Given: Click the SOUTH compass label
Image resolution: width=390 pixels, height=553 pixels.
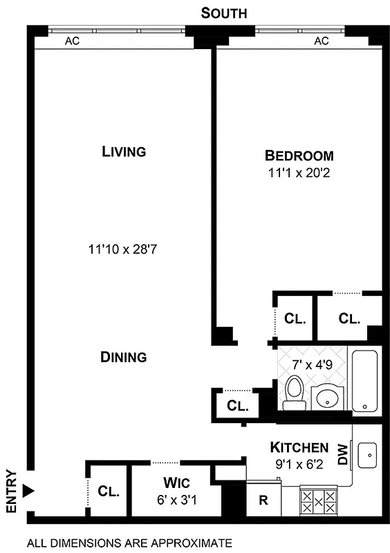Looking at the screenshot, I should [x=223, y=12].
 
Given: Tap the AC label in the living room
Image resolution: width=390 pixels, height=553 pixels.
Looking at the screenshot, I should [x=72, y=41].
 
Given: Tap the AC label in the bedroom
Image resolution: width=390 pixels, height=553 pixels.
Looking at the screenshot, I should [x=321, y=41].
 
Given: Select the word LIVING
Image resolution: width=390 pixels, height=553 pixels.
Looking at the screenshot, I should [x=124, y=151].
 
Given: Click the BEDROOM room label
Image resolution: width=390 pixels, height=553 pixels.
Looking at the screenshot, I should [x=299, y=156].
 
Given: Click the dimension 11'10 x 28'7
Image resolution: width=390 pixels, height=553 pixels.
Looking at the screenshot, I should [x=124, y=247].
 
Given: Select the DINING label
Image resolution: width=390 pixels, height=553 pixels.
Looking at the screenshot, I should [x=124, y=357].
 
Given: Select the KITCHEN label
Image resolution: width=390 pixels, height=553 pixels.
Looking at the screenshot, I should [x=299, y=447].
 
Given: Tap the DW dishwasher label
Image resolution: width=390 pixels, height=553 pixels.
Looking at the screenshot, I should [x=342, y=454].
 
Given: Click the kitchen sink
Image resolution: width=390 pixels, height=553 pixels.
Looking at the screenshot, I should [x=368, y=456].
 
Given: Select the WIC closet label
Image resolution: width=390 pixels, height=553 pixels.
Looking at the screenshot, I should [x=176, y=482].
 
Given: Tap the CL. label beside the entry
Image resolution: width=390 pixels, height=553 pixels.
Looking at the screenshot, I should [x=109, y=492].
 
